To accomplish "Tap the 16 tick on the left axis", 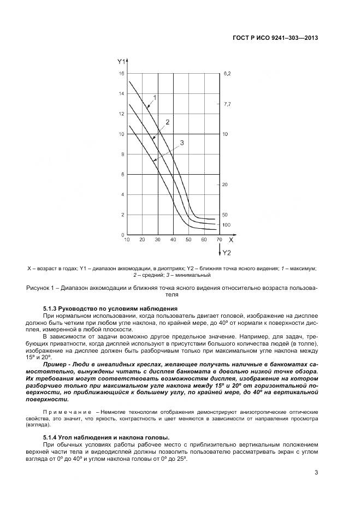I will (x=121, y=73).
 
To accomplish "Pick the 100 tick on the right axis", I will (x=226, y=225).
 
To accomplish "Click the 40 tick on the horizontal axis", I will (x=173, y=240).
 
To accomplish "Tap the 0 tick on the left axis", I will (x=123, y=235).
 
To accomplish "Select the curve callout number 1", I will (x=155, y=97).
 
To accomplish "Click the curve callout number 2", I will (x=168, y=122).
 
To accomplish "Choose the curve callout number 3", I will (x=181, y=142).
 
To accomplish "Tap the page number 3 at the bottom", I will (x=316, y=473).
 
